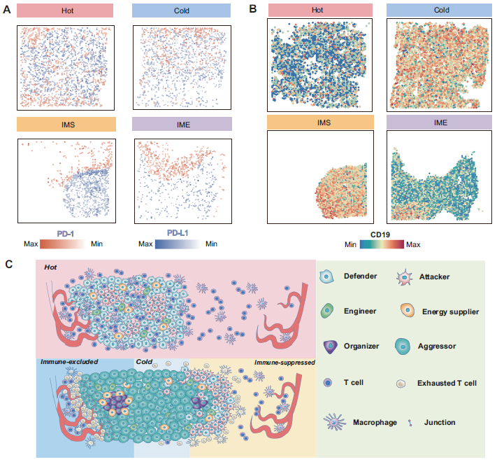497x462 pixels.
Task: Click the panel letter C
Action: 8,264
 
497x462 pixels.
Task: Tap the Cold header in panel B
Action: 440,10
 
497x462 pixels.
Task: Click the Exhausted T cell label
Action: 447,383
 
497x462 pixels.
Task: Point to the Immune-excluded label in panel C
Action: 70,362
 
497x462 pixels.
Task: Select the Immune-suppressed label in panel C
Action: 284,362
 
